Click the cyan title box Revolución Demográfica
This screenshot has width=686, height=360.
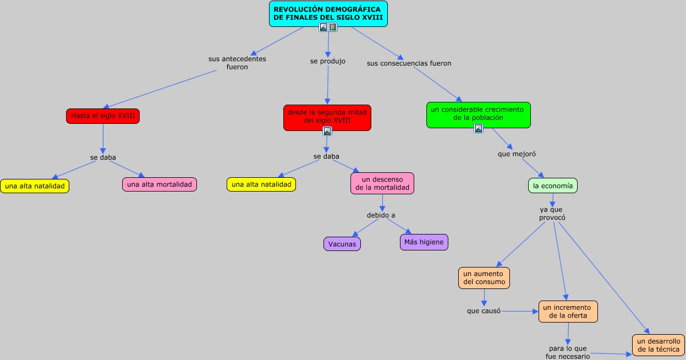click(328, 14)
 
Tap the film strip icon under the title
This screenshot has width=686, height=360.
click(333, 28)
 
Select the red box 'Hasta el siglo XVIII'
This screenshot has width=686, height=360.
click(103, 116)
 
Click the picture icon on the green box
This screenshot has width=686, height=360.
click(479, 128)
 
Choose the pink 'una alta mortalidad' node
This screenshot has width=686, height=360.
click(160, 184)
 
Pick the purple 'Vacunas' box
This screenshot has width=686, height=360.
click(342, 244)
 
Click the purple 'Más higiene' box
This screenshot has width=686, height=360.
click(424, 242)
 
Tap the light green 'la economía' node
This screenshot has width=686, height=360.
click(553, 186)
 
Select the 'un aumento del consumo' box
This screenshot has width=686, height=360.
click(484, 278)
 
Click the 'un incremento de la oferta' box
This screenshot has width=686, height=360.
click(568, 312)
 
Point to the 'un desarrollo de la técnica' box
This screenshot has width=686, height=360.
click(658, 345)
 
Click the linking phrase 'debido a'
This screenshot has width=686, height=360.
click(381, 215)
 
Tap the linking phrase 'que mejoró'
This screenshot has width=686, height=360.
click(517, 154)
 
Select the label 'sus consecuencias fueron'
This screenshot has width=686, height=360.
click(409, 63)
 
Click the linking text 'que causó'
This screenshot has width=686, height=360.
click(484, 311)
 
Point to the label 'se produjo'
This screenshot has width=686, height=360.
click(328, 61)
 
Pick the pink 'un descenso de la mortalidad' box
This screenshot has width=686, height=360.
click(382, 183)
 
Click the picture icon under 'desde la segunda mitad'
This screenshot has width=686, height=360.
click(327, 131)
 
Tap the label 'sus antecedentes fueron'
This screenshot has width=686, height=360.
click(237, 63)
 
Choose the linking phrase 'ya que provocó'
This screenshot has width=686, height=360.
click(552, 214)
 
